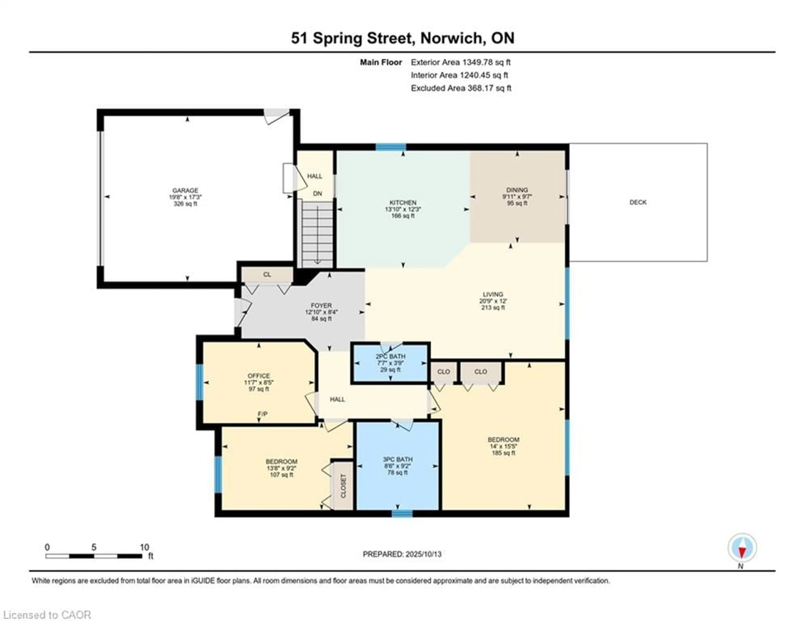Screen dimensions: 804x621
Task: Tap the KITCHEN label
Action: [403, 203]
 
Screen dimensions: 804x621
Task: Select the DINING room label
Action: [517, 190]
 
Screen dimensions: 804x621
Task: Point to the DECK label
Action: [638, 202]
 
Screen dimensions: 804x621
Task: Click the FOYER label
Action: [321, 305]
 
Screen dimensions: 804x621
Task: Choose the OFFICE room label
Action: [259, 376]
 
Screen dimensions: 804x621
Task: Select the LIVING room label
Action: [493, 294]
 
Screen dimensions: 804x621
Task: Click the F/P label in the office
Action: [263, 414]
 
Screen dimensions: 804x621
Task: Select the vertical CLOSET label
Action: [343, 486]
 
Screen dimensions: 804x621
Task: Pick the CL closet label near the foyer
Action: [267, 274]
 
